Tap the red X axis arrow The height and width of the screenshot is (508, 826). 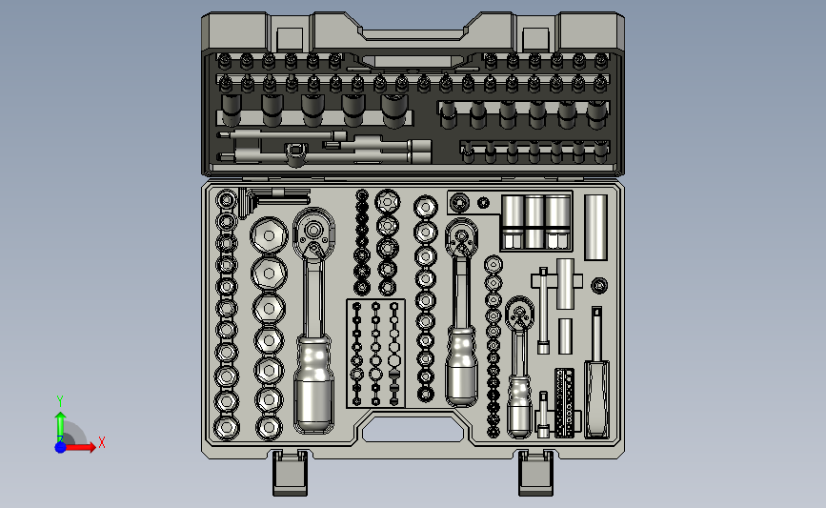79,447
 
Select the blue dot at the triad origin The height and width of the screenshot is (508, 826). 60,447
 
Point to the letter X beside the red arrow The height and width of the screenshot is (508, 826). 102,442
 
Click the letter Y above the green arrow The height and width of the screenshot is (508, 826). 60,401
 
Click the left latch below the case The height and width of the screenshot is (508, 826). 290,473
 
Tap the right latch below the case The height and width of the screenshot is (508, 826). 535,473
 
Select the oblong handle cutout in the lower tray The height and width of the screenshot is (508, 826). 413,429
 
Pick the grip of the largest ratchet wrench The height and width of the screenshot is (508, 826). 313,382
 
